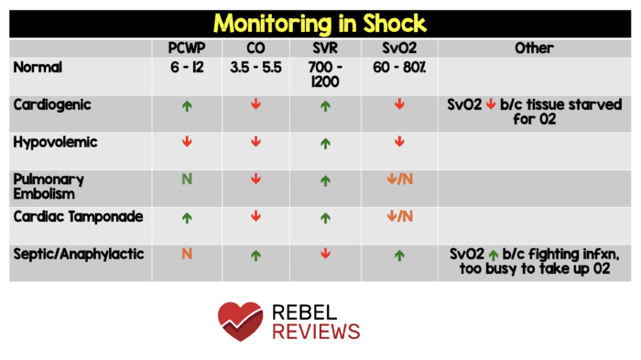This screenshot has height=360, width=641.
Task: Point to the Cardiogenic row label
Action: tap(51, 104)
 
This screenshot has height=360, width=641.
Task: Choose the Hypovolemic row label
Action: tap(55, 142)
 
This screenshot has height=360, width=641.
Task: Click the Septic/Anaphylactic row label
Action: tap(80, 254)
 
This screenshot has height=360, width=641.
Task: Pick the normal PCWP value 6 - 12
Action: tap(188, 67)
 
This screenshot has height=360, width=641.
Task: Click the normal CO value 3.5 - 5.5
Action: tap(255, 67)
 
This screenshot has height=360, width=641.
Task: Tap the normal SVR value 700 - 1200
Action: tap(325, 74)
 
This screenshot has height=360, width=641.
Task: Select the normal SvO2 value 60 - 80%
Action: tap(400, 67)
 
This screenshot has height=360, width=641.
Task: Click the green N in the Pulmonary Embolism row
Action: tap(188, 180)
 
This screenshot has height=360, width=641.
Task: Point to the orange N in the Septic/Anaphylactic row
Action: tap(188, 254)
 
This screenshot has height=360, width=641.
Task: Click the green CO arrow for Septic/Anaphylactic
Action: tap(255, 254)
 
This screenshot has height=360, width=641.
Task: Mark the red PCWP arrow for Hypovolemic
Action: tap(188, 142)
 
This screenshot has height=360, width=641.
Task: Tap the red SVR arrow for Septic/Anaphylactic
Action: tap(325, 254)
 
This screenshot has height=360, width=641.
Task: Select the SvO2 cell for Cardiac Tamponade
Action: tap(400, 217)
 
